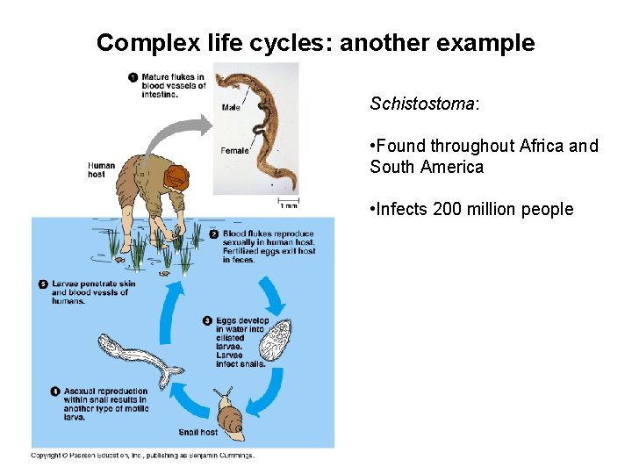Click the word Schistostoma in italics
(421, 104)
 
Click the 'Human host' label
(101, 169)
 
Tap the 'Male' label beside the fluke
(231, 108)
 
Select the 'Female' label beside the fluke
(234, 150)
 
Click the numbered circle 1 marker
(133, 77)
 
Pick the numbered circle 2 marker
(215, 233)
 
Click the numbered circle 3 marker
(208, 320)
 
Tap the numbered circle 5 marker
(43, 284)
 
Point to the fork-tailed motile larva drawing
(136, 355)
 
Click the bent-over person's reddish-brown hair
(177, 176)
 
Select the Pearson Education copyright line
(142, 456)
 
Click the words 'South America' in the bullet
(427, 167)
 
